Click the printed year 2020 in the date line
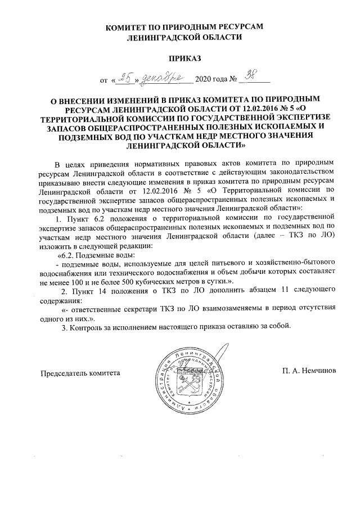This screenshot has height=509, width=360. [204, 80]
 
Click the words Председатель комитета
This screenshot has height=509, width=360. [80, 372]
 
